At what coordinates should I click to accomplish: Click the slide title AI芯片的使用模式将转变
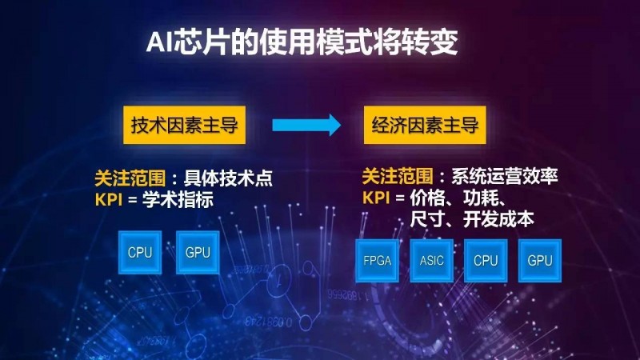[302, 42]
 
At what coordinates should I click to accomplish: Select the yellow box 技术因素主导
[184, 125]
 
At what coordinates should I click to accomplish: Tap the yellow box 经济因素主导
[425, 125]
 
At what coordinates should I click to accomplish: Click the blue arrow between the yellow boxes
[306, 125]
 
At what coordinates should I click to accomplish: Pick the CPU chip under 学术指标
[140, 252]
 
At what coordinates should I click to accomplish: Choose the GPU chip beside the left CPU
[198, 252]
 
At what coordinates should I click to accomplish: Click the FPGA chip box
[377, 261]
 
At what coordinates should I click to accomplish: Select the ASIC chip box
[431, 261]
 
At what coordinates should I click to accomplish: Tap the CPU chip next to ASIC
[486, 261]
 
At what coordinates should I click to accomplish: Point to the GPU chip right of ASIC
[539, 261]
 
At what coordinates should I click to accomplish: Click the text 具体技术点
[228, 178]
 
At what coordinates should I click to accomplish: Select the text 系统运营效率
[505, 176]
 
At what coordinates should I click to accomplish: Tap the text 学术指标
[178, 199]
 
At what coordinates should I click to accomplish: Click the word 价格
[427, 198]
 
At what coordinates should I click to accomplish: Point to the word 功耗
[481, 198]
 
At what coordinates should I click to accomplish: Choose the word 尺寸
[427, 219]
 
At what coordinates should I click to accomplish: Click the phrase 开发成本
[498, 219]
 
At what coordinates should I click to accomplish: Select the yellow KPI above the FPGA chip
[376, 198]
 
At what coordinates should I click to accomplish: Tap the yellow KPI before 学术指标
[109, 199]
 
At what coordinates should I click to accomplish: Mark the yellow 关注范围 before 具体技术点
[130, 178]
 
